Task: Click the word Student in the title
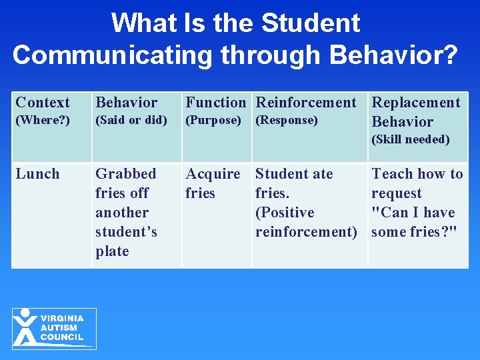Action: click(x=311, y=23)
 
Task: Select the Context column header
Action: click(x=43, y=103)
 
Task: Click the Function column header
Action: click(x=215, y=103)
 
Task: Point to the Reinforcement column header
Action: click(x=306, y=103)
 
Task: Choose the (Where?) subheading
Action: click(x=43, y=121)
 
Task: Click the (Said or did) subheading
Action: click(x=131, y=121)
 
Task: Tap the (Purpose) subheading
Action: click(x=213, y=121)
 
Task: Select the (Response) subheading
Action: click(x=287, y=121)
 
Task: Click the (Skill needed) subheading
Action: click(x=411, y=139)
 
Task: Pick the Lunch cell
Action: click(x=37, y=174)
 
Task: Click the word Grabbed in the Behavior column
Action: click(x=126, y=174)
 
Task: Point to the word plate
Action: click(x=112, y=251)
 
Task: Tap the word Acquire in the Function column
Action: click(x=213, y=174)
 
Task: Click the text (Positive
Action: click(x=285, y=213)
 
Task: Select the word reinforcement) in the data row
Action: click(x=306, y=232)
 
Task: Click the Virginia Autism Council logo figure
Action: click(x=26, y=327)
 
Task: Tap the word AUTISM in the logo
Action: click(x=59, y=328)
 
